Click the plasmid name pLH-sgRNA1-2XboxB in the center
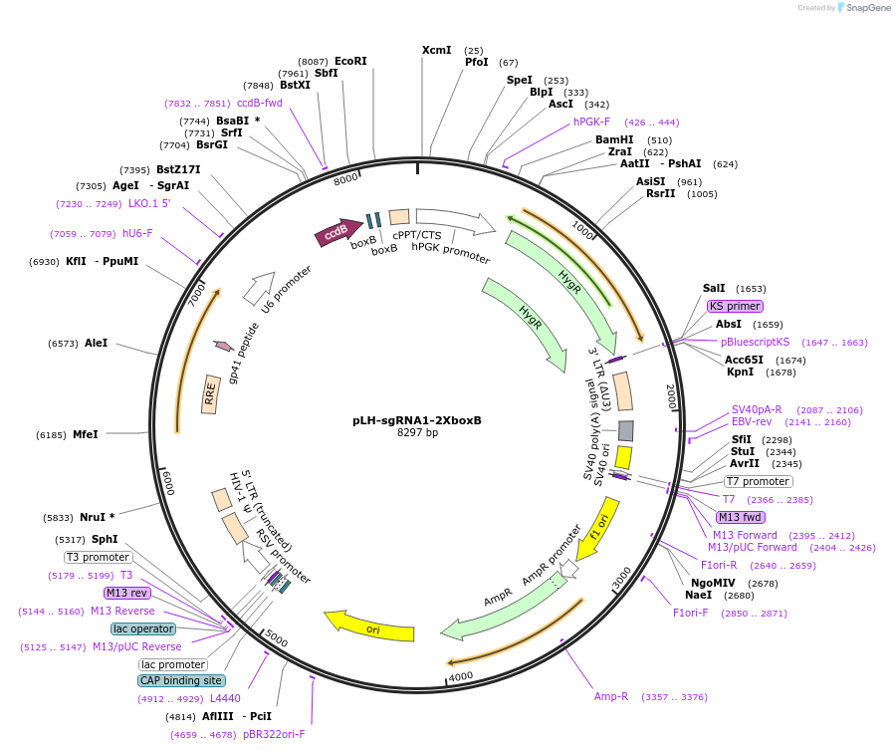pyautogui.click(x=417, y=420)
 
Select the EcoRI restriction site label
pyautogui.click(x=350, y=61)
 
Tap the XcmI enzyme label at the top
pyautogui.click(x=436, y=50)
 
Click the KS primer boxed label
pyautogui.click(x=735, y=306)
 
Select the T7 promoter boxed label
pyautogui.click(x=759, y=481)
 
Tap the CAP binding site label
pyautogui.click(x=180, y=680)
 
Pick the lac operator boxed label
pyautogui.click(x=143, y=628)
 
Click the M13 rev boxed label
pyautogui.click(x=126, y=593)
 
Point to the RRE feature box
pyautogui.click(x=210, y=394)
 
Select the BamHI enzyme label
pyautogui.click(x=614, y=139)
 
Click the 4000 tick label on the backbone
pyautogui.click(x=461, y=677)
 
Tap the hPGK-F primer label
pyautogui.click(x=591, y=122)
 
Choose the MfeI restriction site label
pyautogui.click(x=86, y=434)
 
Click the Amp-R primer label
pyautogui.click(x=611, y=696)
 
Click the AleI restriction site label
pyautogui.click(x=96, y=343)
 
